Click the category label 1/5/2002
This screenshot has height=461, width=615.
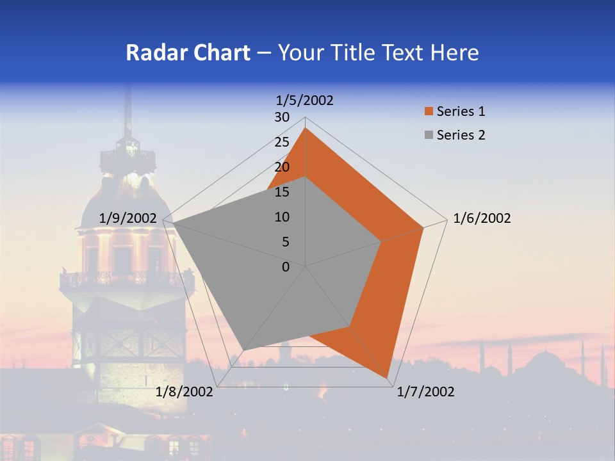[305, 101]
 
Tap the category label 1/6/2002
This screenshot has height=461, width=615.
[482, 219]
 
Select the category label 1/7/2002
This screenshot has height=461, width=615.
[425, 392]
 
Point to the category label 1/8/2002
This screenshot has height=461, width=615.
[184, 392]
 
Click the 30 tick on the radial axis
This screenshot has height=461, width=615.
[282, 117]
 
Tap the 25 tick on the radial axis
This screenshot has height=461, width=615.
[282, 142]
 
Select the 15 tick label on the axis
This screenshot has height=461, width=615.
[282, 192]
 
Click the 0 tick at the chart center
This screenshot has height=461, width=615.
[286, 267]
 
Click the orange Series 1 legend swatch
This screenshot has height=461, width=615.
[429, 112]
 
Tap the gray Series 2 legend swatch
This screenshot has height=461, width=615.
[429, 135]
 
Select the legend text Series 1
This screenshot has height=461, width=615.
[461, 112]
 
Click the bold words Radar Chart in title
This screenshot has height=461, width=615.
[188, 53]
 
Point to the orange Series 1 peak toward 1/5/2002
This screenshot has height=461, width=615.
[306, 128]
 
